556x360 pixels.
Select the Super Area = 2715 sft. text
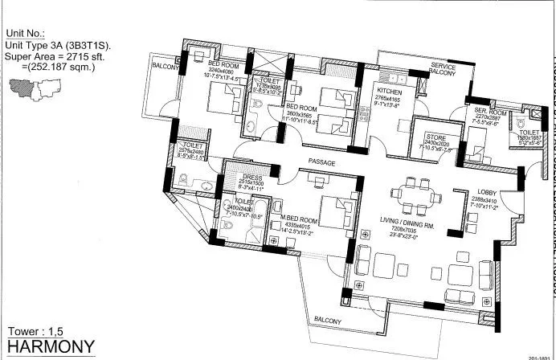[55, 57]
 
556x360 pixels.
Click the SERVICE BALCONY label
[444, 69]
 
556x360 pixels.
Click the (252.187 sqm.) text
[56, 67]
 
